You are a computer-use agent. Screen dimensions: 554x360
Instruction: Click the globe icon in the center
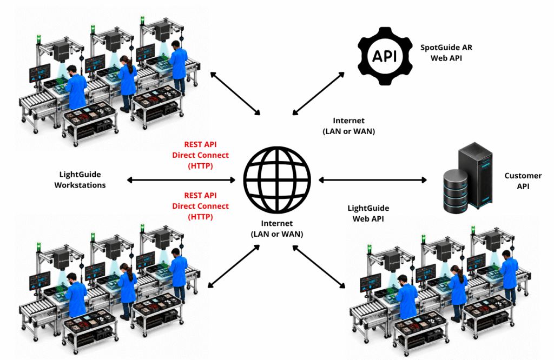point(277,180)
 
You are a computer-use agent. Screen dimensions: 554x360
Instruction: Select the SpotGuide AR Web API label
point(446,52)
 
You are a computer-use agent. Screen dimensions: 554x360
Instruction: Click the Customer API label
point(523,181)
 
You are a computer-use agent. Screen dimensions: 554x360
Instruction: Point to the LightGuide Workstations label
point(80,179)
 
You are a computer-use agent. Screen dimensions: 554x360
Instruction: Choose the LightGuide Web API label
point(368,213)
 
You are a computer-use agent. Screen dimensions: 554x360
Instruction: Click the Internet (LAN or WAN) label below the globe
point(277,229)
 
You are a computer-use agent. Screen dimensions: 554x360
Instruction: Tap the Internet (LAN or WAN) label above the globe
point(349,126)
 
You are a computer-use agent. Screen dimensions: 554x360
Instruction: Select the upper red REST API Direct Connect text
point(200,155)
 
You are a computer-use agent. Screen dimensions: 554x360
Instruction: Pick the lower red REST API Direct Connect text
point(200,206)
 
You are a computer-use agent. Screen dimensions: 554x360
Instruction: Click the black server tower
point(475,175)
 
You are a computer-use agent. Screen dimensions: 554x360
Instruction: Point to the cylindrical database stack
point(456,191)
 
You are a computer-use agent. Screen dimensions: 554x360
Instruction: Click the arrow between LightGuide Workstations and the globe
point(181,180)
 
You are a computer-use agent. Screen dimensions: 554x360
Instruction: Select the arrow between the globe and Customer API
point(372,180)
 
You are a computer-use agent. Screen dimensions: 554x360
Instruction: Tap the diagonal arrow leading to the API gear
point(318,94)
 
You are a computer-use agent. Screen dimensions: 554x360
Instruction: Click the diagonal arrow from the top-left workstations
point(235,93)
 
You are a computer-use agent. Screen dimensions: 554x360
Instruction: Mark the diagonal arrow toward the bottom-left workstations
point(234,266)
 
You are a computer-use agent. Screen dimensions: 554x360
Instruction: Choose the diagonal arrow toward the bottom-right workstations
point(319,267)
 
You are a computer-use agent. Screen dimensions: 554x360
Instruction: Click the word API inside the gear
point(385,56)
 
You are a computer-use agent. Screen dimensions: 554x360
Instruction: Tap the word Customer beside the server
point(523,176)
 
